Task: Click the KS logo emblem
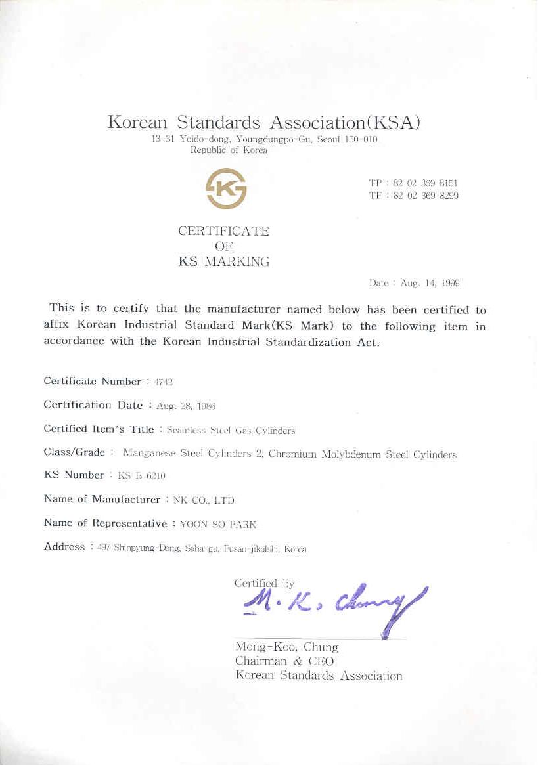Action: pyautogui.click(x=226, y=188)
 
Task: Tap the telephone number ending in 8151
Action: pyautogui.click(x=426, y=183)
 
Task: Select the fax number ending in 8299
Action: pyautogui.click(x=426, y=196)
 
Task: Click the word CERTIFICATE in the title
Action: pyautogui.click(x=224, y=231)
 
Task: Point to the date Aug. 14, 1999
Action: pyautogui.click(x=430, y=283)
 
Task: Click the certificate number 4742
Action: pyautogui.click(x=164, y=382)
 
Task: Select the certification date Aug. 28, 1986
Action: pyautogui.click(x=186, y=406)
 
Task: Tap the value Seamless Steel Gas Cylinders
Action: pyautogui.click(x=231, y=431)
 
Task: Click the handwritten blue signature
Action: pyautogui.click(x=335, y=604)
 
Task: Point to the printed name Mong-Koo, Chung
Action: pyautogui.click(x=286, y=647)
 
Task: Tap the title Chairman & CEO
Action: pyautogui.click(x=284, y=661)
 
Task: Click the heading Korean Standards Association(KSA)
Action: pyautogui.click(x=263, y=122)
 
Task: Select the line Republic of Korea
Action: pyautogui.click(x=229, y=150)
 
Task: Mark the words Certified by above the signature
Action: pyautogui.click(x=264, y=582)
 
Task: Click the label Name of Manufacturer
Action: pyautogui.click(x=102, y=499)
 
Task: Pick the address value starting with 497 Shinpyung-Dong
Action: pyautogui.click(x=202, y=549)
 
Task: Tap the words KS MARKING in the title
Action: pyautogui.click(x=224, y=261)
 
